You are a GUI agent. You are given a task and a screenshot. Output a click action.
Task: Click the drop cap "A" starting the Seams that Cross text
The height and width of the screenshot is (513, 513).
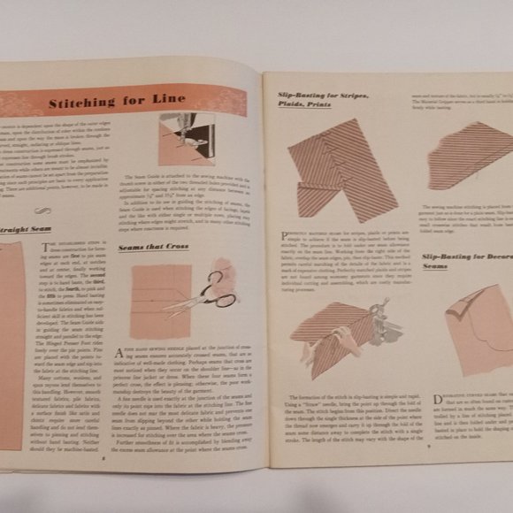pos(126,353)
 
